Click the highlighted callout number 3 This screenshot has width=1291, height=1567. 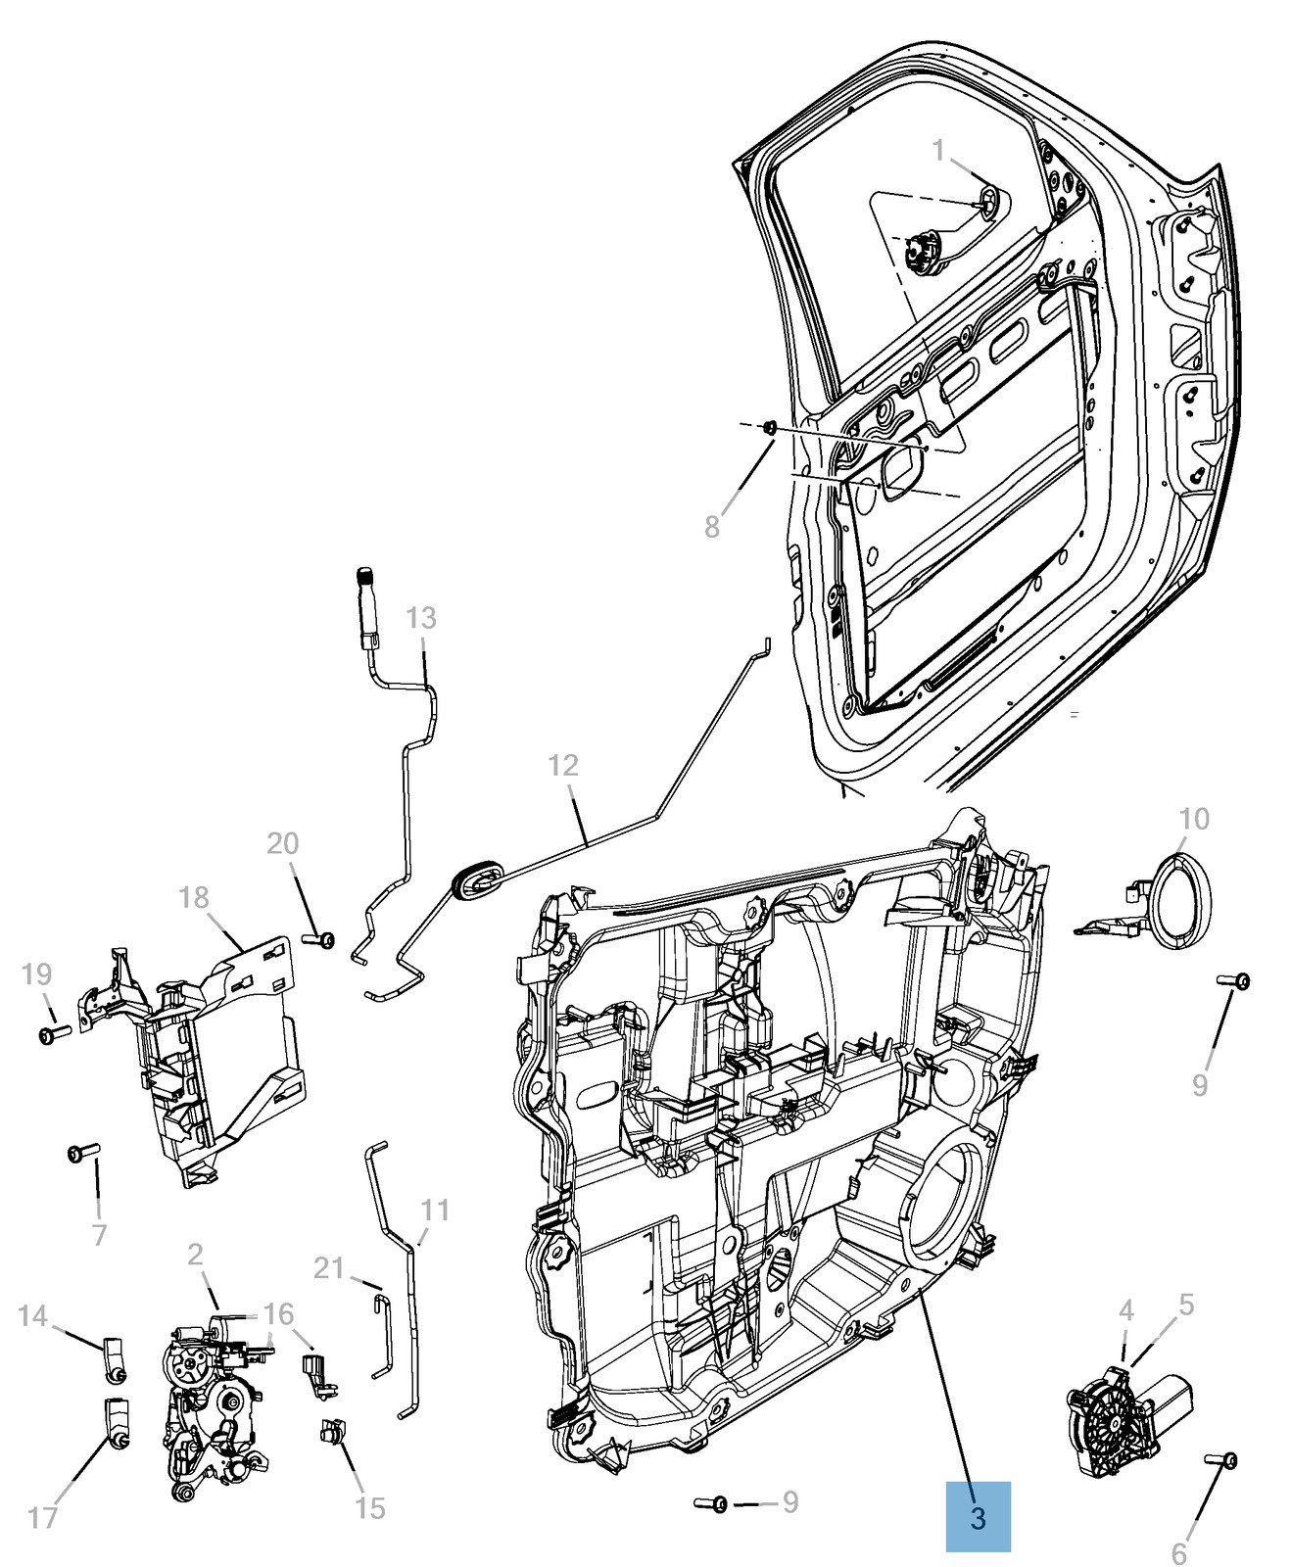[x=977, y=1517]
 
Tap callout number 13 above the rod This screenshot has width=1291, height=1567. [x=420, y=618]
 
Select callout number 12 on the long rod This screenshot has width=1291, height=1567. [x=563, y=765]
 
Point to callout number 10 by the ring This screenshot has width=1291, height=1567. [x=1194, y=818]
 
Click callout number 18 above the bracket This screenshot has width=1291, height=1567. [x=194, y=897]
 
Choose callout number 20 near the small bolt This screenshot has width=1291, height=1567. [x=282, y=843]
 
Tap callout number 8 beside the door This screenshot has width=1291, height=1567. [x=712, y=527]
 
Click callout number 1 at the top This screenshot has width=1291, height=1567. [x=937, y=151]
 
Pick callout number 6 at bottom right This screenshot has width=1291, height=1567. [x=1178, y=1553]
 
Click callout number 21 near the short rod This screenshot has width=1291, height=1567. [x=329, y=1268]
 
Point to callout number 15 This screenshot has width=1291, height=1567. [x=370, y=1508]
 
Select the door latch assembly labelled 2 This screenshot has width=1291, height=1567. [x=211, y=1401]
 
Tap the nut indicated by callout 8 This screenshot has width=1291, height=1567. [x=770, y=427]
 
